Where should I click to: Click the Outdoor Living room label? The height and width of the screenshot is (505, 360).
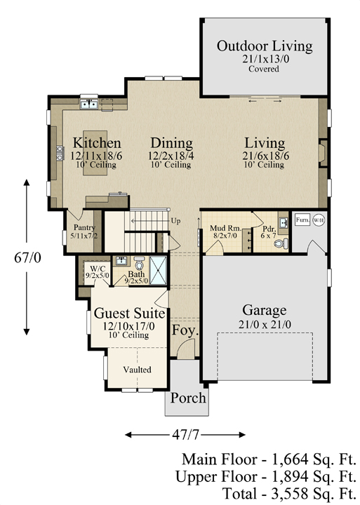coord(265,46)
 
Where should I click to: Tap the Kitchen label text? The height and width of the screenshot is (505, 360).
coord(97,143)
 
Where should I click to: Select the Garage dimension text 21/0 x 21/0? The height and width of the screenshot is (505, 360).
coord(265,324)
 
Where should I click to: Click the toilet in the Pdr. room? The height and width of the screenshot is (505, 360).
coord(282,243)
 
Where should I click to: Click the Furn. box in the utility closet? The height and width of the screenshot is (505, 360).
coord(302,220)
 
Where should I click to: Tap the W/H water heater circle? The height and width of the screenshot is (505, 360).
coord(319,220)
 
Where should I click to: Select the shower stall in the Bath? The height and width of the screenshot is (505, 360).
coord(159,270)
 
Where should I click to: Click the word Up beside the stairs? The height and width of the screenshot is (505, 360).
coord(175,221)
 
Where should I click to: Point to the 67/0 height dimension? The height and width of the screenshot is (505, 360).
coord(27,257)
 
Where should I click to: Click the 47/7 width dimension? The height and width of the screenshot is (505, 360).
coord(185,435)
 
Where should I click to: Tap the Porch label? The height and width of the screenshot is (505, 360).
coord(188,398)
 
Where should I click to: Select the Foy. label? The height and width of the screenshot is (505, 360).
coord(185,330)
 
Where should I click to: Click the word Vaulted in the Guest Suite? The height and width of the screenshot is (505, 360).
coord(137,370)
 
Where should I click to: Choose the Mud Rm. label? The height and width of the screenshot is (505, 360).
coord(225,229)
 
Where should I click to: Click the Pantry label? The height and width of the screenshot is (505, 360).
coord(84,228)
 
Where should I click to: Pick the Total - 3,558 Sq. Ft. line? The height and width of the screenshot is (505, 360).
coord(289,494)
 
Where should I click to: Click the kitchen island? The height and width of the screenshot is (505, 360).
coord(95,153)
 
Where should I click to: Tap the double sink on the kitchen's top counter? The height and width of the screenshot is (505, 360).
coord(89,105)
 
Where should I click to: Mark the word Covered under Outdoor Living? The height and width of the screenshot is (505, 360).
coord(264,69)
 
